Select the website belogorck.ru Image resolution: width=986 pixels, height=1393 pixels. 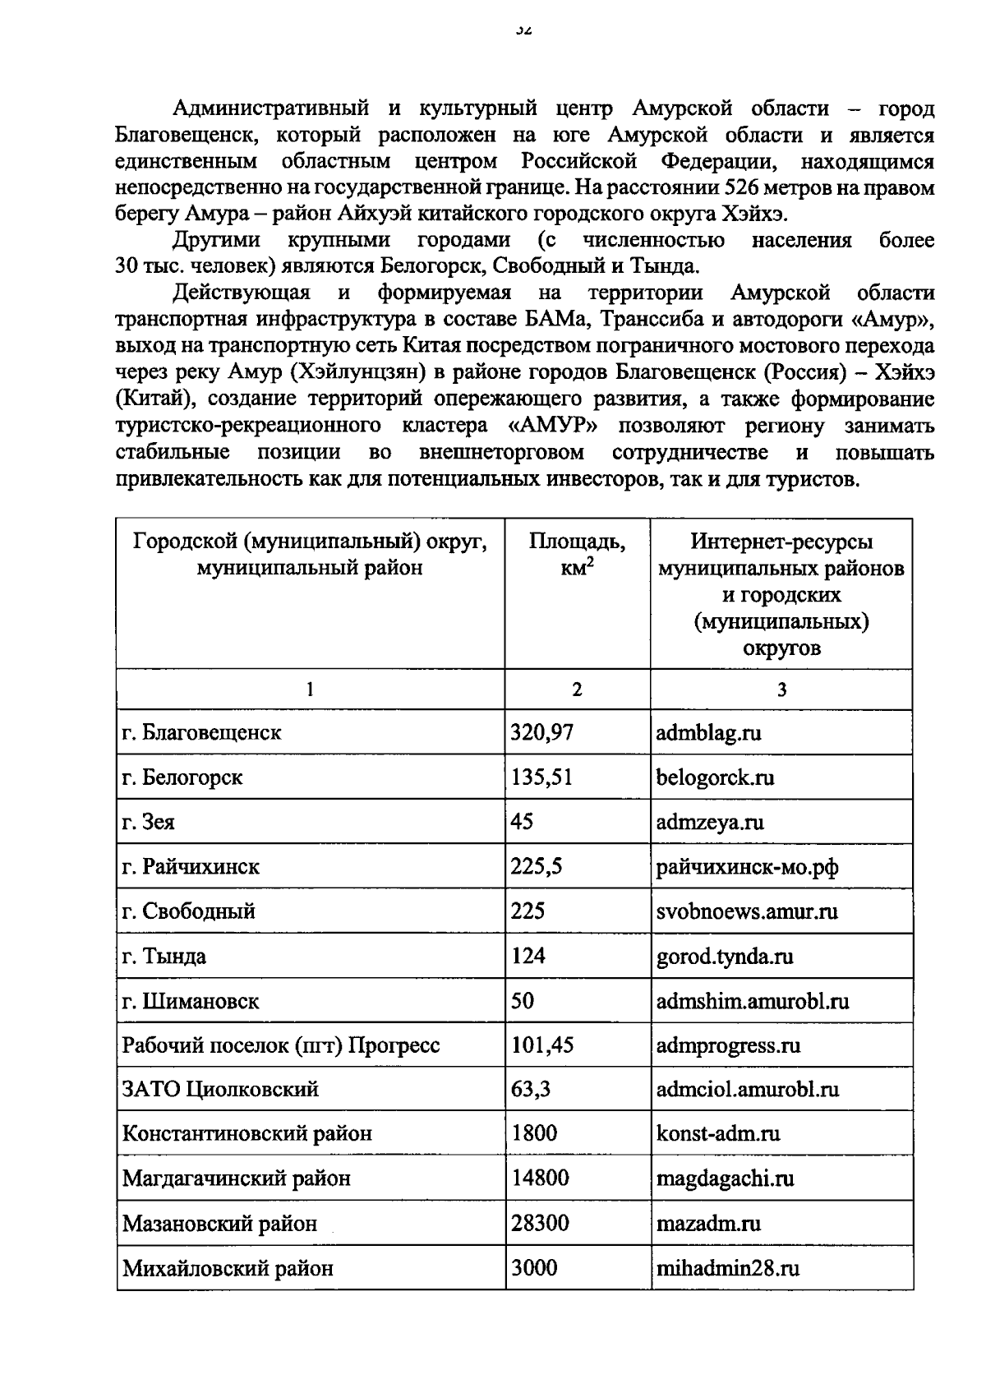tap(715, 777)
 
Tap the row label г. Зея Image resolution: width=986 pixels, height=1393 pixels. tap(149, 822)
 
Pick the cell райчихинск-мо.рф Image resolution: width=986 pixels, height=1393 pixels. tap(747, 866)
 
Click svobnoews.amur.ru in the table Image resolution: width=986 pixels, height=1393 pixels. tap(747, 911)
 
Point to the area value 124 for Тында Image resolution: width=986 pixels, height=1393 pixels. tap(528, 956)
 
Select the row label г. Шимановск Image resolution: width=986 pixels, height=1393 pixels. tap(191, 1001)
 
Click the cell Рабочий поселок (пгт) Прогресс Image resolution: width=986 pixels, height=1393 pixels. tap(281, 1045)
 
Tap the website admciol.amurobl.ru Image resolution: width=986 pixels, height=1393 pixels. tap(747, 1090)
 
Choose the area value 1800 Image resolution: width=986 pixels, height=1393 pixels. tap(534, 1134)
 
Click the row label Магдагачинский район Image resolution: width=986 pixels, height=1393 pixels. tap(237, 1179)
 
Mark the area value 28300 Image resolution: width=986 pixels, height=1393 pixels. tap(540, 1224)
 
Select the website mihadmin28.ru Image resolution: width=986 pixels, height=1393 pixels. tap(727, 1268)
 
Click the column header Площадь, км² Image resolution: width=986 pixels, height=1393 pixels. tap(577, 555)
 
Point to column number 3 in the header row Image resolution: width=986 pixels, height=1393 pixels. tap(781, 690)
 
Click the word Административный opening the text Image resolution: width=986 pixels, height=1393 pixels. tap(268, 108)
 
